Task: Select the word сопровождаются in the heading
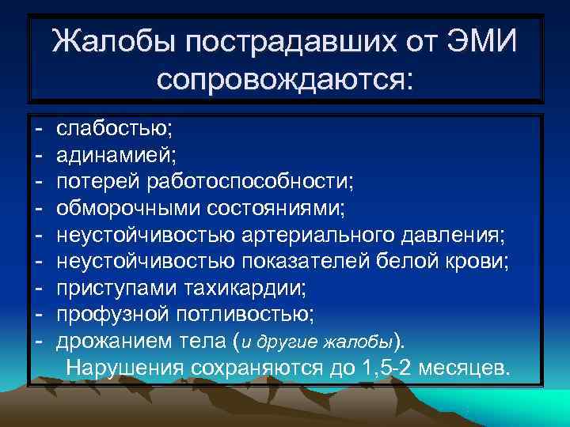[285, 77]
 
